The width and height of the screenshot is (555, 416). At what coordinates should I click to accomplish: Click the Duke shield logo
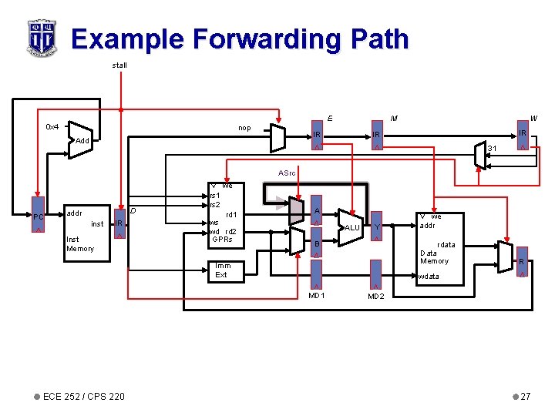point(41,38)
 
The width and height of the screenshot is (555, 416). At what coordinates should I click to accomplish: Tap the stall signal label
point(119,65)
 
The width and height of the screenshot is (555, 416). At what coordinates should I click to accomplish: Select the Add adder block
point(81,141)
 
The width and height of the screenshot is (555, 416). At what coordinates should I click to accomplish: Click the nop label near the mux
point(244,128)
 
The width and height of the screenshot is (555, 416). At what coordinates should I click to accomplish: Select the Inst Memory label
point(80,244)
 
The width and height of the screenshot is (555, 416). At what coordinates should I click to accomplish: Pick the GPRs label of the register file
point(222,240)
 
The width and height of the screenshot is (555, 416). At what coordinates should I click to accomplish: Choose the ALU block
point(351,228)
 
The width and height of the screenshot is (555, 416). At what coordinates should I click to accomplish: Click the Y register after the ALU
point(376,226)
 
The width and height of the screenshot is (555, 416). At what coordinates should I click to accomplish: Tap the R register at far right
point(522,263)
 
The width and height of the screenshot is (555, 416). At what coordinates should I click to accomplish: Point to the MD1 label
point(317,296)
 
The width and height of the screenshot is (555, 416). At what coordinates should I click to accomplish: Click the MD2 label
point(376,296)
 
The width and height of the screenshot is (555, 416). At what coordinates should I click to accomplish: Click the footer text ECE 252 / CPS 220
point(84,397)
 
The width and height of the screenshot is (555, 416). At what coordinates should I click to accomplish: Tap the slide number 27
point(525,397)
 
